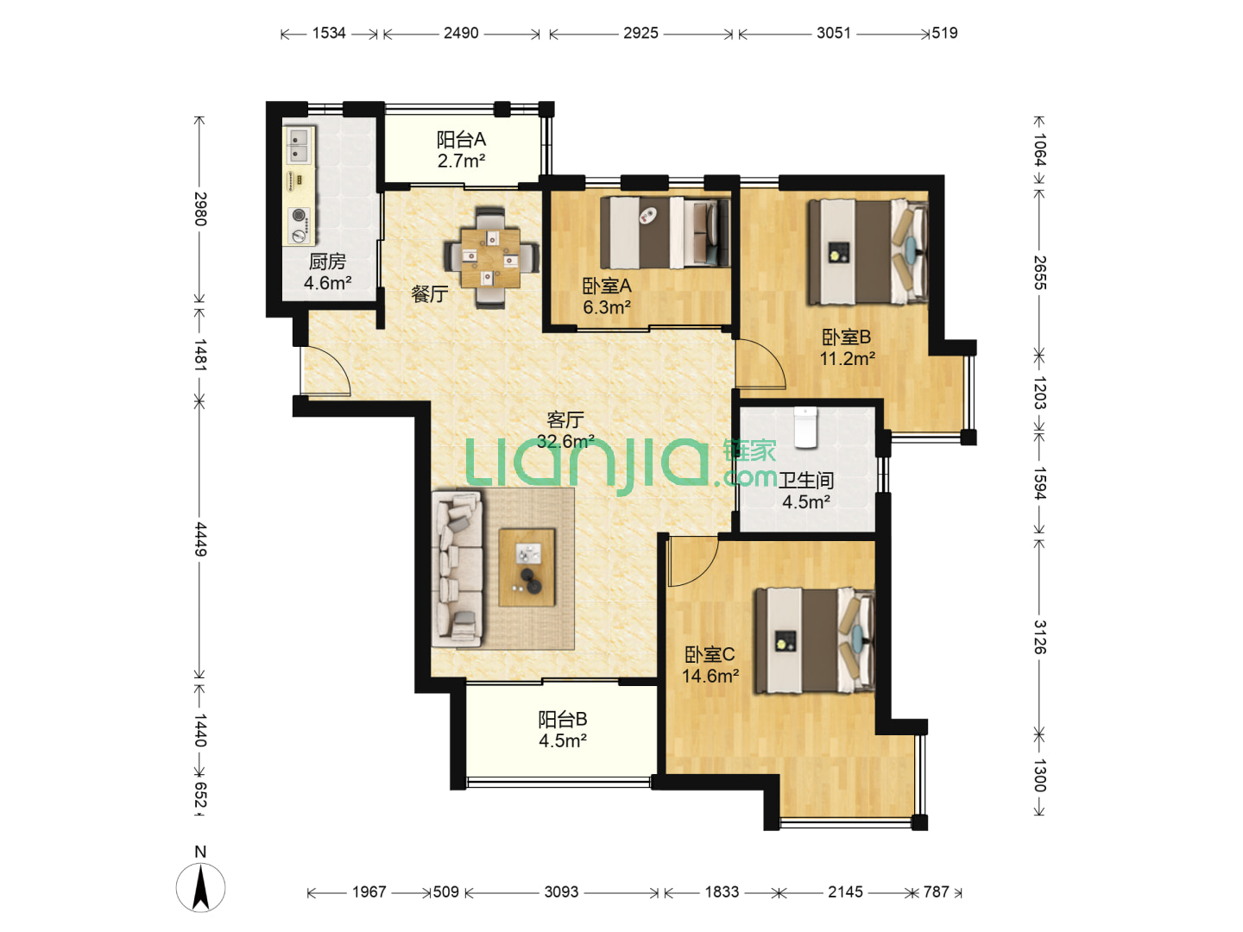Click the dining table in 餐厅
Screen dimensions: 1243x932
(489, 257)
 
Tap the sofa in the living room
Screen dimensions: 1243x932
(457, 569)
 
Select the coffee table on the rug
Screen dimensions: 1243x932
(527, 568)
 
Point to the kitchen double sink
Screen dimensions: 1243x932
(299, 145)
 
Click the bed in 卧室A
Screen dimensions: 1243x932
(665, 233)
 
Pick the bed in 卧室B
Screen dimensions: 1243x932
(868, 252)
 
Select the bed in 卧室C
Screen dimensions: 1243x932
(814, 641)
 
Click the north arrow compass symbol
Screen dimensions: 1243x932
(200, 887)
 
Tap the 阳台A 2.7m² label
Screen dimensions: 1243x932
(461, 150)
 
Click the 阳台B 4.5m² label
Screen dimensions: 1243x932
(562, 730)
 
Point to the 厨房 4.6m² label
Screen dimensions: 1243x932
(327, 272)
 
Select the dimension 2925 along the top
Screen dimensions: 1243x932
(640, 34)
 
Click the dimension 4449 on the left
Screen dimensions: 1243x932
(200, 539)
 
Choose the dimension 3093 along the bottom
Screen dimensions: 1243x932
(561, 891)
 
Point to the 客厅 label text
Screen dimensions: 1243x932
(565, 420)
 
